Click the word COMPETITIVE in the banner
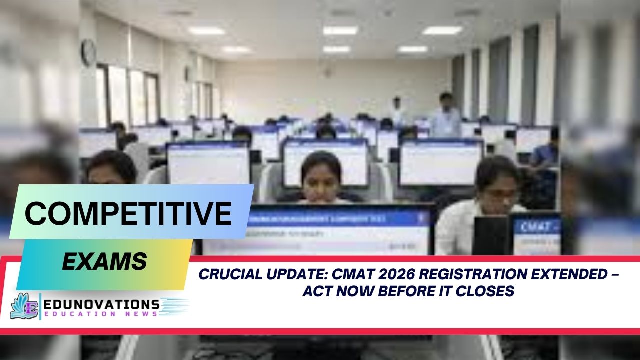128,214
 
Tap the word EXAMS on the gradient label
104,261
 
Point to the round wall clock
88,52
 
